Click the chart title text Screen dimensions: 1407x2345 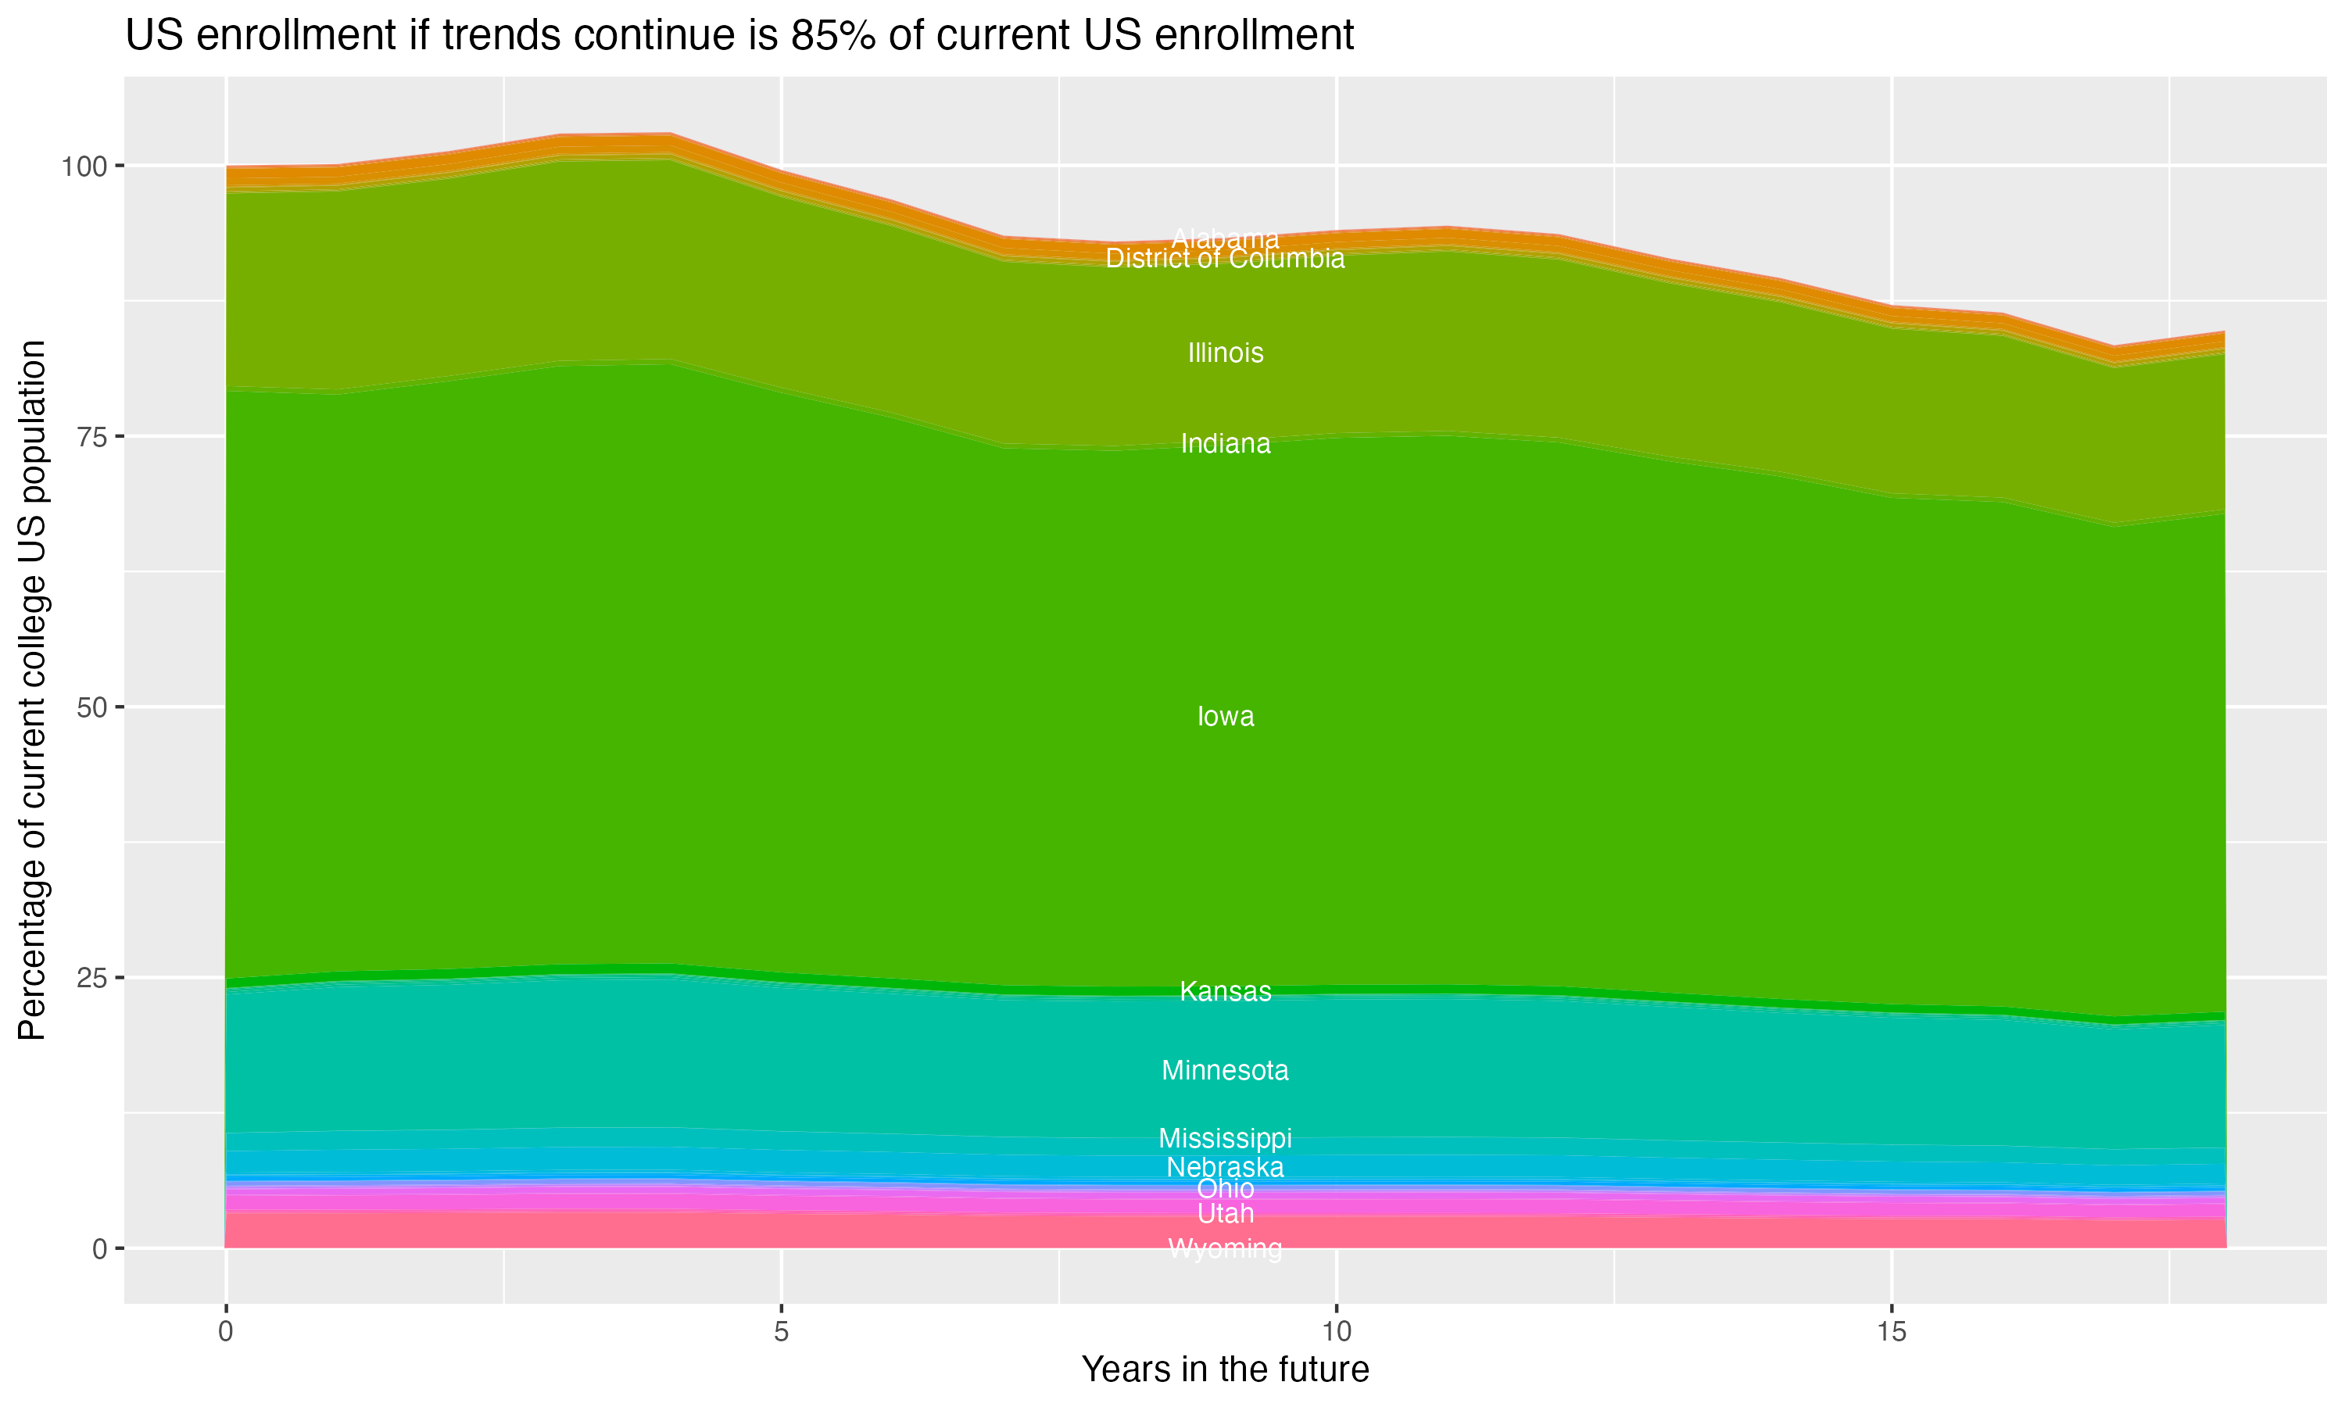[x=739, y=36]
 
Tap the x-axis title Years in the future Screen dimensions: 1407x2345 [x=1225, y=1369]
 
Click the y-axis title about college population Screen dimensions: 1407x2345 [x=32, y=690]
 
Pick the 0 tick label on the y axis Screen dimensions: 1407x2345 [x=99, y=1248]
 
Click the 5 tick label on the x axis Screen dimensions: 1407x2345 [x=781, y=1332]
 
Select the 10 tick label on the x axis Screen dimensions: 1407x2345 [x=1336, y=1332]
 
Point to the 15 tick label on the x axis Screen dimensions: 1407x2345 [x=1891, y=1332]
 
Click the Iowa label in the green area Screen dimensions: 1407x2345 [x=1225, y=717]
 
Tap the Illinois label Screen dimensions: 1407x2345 [x=1225, y=353]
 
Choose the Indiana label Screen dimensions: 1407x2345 [x=1225, y=444]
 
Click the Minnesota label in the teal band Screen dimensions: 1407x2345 [x=1225, y=1070]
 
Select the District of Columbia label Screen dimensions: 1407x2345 [x=1225, y=259]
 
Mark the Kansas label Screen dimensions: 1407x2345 [x=1225, y=992]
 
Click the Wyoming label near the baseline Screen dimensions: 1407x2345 [x=1225, y=1248]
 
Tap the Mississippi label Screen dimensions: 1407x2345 [x=1225, y=1138]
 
